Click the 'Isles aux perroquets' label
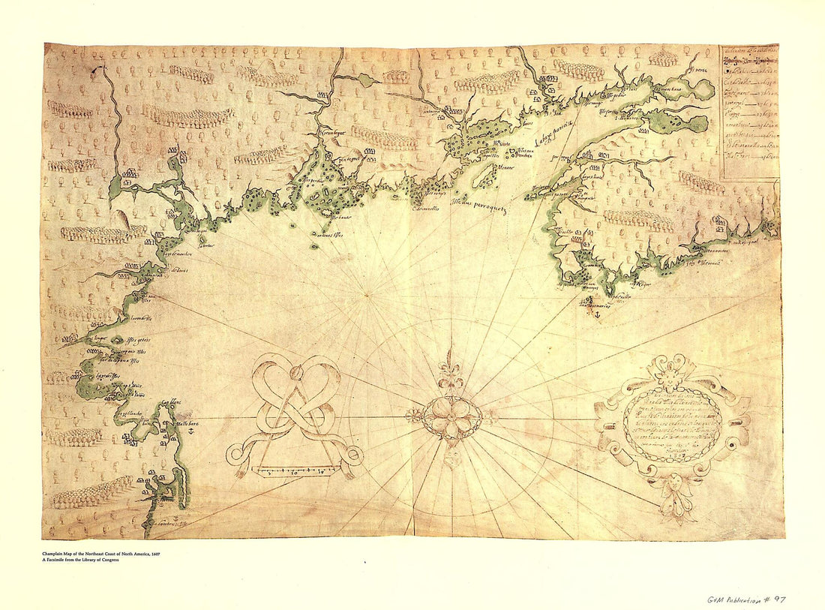point(480,205)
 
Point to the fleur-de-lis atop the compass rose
point(448,372)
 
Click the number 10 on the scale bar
point(294,473)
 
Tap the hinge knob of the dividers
point(295,371)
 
